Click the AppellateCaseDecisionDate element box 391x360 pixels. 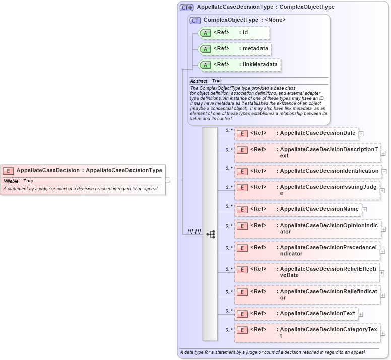coord(296,133)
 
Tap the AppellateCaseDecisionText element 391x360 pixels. coord(296,314)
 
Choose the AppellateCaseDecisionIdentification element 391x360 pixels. coord(307,171)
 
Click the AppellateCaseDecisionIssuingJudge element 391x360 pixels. coord(307,190)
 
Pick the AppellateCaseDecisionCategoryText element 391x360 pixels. coord(307,333)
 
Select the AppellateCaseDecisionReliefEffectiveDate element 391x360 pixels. coord(307,272)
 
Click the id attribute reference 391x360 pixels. coord(234,33)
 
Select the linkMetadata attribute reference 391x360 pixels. coord(239,65)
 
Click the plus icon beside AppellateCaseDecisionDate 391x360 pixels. coord(361,134)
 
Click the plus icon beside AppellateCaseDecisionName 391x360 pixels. coord(364,210)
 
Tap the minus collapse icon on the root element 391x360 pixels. coord(168,179)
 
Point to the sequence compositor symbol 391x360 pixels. coord(211,234)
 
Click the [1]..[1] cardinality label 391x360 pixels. coord(194,231)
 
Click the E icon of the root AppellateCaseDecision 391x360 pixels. coord(9,171)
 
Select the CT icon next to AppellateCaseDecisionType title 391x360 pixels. coord(187,8)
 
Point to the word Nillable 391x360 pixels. coord(11,181)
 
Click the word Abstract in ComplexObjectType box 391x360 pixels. coord(199,81)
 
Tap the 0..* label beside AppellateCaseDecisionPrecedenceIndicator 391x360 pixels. coord(229,247)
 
